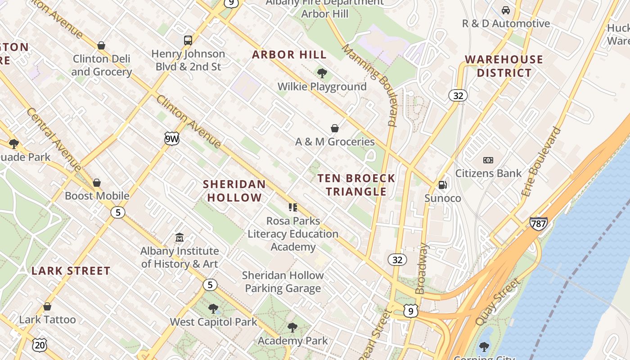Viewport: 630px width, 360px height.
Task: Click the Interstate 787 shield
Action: tap(538, 223)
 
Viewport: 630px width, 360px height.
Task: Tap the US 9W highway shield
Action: tap(171, 139)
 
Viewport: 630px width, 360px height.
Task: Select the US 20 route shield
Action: tap(39, 345)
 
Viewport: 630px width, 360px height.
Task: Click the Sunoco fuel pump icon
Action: tap(443, 185)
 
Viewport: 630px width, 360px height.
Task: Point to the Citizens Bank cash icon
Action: tap(488, 160)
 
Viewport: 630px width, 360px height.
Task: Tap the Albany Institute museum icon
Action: tap(179, 237)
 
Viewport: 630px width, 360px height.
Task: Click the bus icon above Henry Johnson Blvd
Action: tap(188, 40)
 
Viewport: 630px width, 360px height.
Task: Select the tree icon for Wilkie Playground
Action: tap(322, 73)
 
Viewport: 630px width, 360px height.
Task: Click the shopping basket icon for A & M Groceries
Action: tap(335, 128)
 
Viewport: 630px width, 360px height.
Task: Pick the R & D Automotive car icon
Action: tap(505, 10)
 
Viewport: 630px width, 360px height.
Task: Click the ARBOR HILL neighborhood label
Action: tap(289, 55)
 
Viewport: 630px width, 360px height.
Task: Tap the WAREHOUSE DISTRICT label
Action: tap(504, 66)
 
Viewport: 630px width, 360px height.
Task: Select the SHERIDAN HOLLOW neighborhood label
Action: tap(234, 190)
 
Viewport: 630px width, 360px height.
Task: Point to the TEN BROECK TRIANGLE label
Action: tap(356, 184)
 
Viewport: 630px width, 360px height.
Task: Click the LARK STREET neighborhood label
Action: tap(71, 271)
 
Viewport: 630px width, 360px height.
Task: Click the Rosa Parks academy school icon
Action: tap(293, 207)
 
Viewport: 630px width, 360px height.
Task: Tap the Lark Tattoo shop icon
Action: tap(47, 306)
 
